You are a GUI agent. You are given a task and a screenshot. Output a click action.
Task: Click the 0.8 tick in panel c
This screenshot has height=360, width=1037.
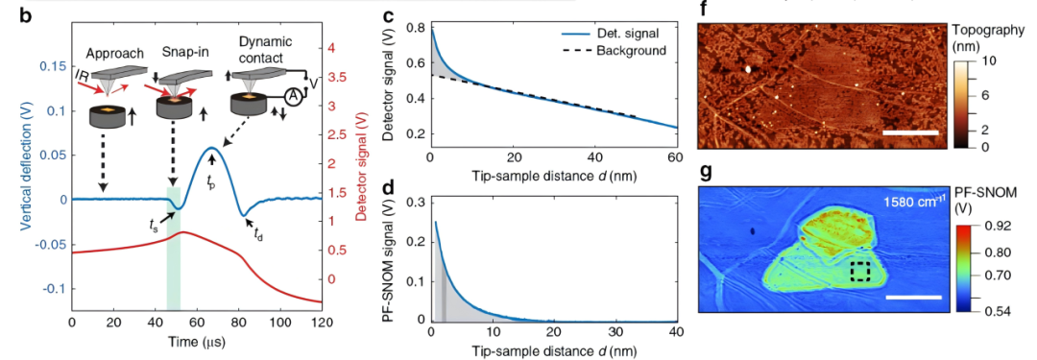(x=416, y=29)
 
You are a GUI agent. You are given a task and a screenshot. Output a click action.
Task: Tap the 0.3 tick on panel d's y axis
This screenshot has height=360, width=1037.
(x=416, y=203)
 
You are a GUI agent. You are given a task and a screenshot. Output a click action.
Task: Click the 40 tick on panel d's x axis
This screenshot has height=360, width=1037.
(x=675, y=330)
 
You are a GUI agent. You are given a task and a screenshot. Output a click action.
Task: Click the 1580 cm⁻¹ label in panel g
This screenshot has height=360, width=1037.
(x=904, y=202)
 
